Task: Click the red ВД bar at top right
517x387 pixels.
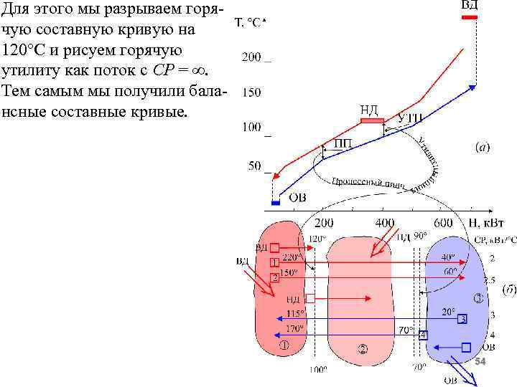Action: tap(469, 18)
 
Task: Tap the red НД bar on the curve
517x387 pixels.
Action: tap(372, 121)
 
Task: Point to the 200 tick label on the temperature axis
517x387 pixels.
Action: tap(252, 58)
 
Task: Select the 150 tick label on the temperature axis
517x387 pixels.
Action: tap(252, 92)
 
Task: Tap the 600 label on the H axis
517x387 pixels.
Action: tap(443, 223)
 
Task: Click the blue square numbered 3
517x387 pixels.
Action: tap(462, 318)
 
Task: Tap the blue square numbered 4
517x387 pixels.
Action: tap(424, 335)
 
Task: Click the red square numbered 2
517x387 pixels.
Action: tap(274, 277)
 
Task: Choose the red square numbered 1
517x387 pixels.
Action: tap(274, 263)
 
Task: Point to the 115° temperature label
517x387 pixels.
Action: tap(295, 313)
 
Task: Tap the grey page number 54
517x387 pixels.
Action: tap(480, 362)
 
